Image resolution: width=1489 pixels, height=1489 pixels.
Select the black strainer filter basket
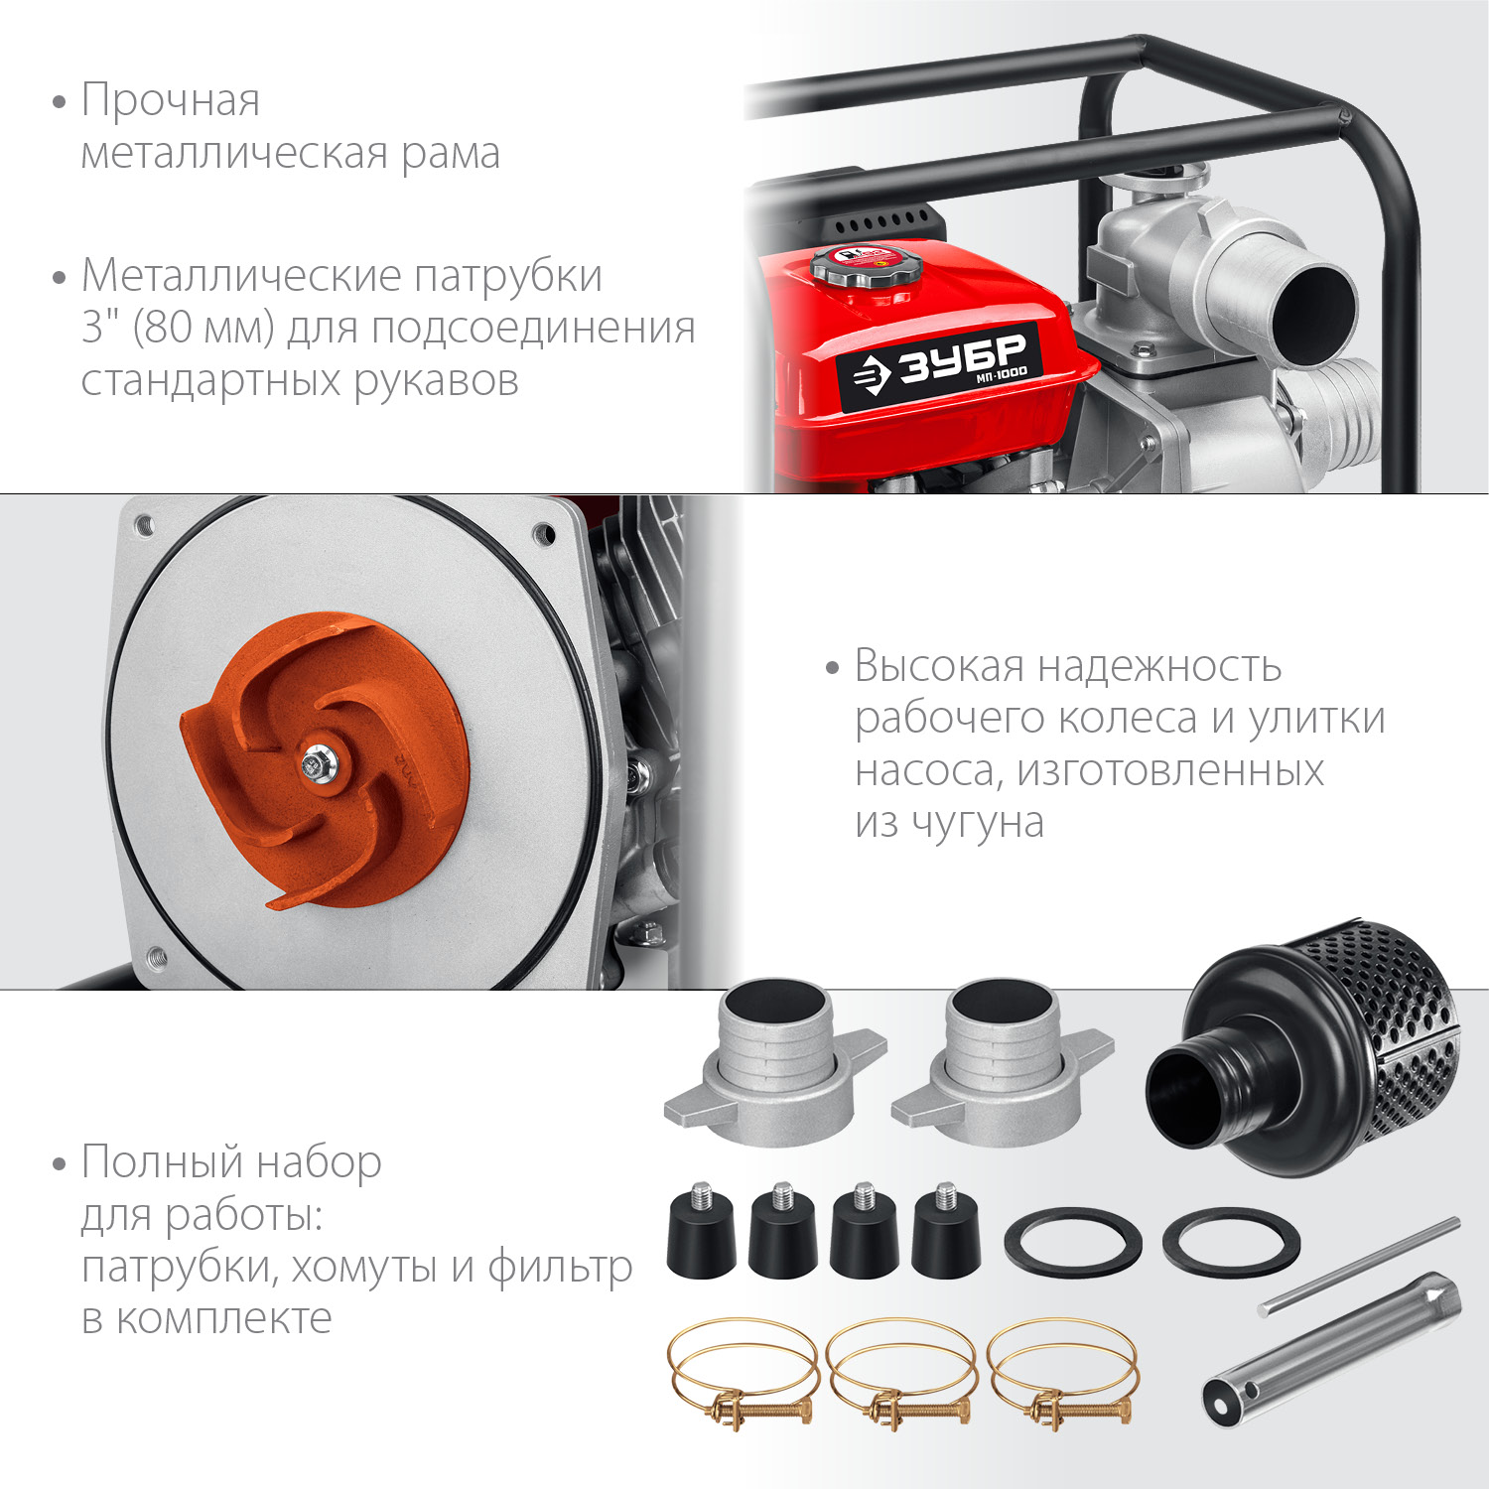tap(1303, 1047)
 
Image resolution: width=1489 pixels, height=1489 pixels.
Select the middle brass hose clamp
tap(902, 1374)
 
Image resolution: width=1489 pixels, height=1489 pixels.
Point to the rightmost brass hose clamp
tap(1063, 1374)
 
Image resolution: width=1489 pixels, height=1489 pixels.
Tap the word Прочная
tap(171, 100)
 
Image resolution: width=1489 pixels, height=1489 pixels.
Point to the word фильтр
tap(560, 1268)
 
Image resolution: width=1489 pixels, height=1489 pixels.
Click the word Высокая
tap(939, 665)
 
